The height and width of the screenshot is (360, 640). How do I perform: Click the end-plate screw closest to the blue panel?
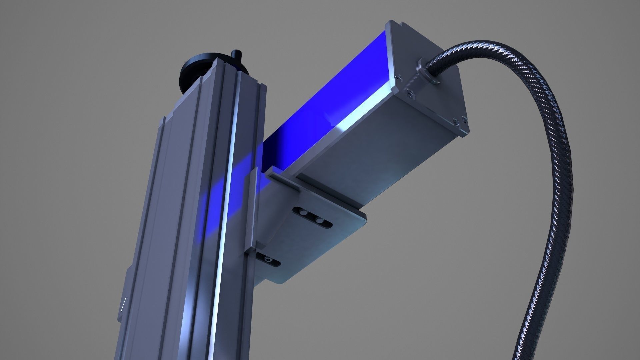[397, 77]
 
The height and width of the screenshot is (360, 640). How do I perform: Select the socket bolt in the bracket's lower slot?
[268, 259]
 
